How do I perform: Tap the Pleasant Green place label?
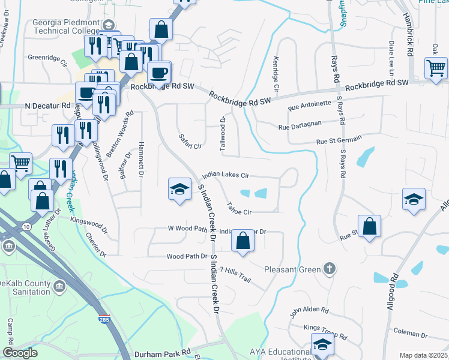pos(292,269)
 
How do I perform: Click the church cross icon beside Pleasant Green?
pos(329,269)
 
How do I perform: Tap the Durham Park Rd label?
pos(163,354)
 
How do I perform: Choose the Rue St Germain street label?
pos(339,140)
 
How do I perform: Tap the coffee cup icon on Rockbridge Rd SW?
pos(158,73)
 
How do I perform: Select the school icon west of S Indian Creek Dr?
pos(179,189)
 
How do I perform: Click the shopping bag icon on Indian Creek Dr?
pos(242,240)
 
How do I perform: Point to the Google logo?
pos(20,353)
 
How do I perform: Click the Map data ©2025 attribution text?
pos(424,355)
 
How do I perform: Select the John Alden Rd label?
pos(309,311)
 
